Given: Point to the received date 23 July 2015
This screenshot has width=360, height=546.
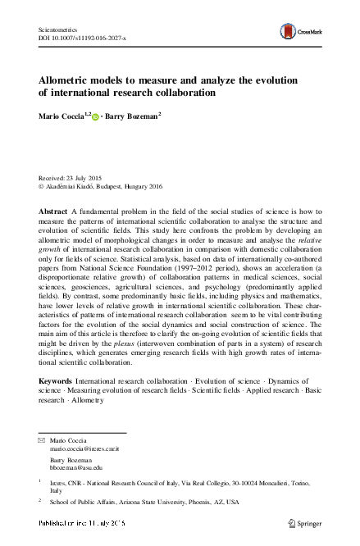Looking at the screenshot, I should [x=90, y=178].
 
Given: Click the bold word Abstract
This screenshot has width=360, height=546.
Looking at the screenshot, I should [x=53, y=212].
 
